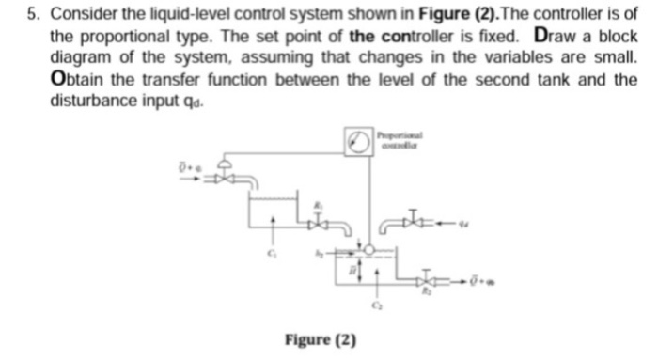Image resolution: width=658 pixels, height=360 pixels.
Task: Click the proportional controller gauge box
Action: pos(356,140)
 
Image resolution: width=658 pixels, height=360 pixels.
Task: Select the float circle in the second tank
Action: pos(369,249)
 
